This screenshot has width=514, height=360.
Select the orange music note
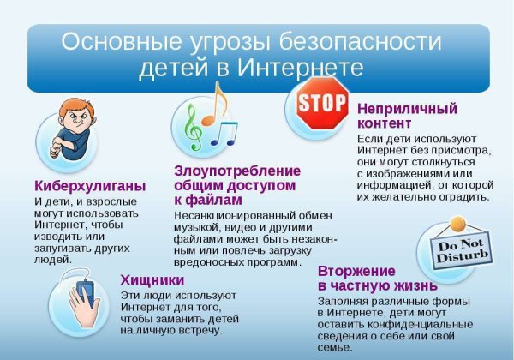pos(220,96)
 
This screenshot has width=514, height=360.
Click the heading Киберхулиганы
pos(90,185)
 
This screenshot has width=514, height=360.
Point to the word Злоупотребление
pos(237,170)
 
